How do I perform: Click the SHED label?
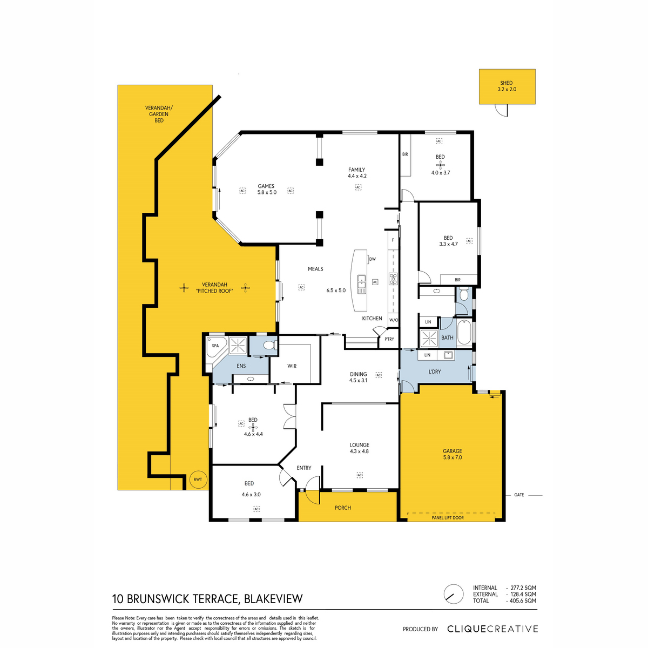[x=506, y=83]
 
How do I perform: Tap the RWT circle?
[x=198, y=479]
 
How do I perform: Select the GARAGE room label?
[x=453, y=451]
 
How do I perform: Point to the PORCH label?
[x=343, y=508]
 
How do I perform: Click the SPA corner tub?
[x=215, y=347]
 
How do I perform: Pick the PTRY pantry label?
[x=389, y=339]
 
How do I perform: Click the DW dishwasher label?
[x=372, y=259]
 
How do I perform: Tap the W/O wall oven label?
[x=394, y=320]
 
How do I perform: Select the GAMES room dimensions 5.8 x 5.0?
[x=267, y=192]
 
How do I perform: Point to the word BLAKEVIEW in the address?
[x=273, y=598]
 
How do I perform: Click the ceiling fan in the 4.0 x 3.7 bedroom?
[x=440, y=165]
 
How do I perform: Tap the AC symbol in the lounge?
[x=360, y=475]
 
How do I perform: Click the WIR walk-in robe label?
[x=292, y=366]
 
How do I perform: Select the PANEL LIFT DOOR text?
[x=448, y=517]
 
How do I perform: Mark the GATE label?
[x=519, y=495]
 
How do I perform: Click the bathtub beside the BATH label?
[x=464, y=332]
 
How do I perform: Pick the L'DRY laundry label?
[x=435, y=372]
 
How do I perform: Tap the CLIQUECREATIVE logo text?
[x=492, y=629]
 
